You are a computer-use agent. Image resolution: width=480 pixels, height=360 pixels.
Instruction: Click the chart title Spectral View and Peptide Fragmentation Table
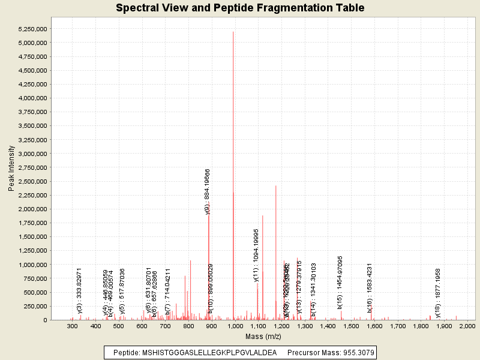point(240,8)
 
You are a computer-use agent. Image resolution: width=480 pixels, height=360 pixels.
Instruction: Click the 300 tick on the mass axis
point(73,326)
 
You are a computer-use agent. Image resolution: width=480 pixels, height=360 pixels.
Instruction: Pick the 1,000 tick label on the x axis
point(235,326)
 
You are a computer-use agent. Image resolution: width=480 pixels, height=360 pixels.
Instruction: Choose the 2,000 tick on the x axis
point(467,326)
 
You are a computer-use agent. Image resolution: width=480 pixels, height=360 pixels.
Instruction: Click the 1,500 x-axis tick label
point(351,326)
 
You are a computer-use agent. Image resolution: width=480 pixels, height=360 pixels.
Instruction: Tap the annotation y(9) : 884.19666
point(208,192)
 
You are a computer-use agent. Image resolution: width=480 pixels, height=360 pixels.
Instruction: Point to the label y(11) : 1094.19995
point(256,255)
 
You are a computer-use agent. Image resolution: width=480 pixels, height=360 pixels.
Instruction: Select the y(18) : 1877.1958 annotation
point(438,293)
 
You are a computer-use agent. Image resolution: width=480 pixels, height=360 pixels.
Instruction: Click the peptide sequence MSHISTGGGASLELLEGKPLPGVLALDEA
point(209,352)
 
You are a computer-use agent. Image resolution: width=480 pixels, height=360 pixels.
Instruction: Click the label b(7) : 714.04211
point(168,292)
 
